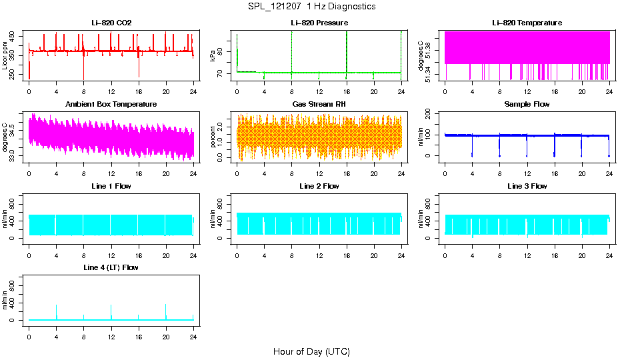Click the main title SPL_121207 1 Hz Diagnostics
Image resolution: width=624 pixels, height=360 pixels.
[311, 7]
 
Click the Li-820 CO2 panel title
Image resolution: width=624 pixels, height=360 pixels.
[111, 23]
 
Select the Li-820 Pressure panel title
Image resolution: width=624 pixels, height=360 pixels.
[319, 23]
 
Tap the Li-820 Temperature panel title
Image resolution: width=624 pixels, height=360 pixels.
[527, 23]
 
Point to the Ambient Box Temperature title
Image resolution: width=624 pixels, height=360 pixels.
[111, 105]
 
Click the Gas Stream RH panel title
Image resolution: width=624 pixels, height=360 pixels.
[319, 105]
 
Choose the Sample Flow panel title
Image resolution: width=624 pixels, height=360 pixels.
[527, 105]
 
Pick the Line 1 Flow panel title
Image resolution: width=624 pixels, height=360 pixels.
[111, 186]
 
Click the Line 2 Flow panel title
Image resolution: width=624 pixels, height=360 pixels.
[319, 186]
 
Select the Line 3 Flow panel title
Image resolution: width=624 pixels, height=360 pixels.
[527, 186]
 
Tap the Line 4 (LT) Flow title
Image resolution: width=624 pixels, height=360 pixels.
[111, 267]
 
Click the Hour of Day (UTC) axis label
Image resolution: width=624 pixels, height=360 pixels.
[311, 351]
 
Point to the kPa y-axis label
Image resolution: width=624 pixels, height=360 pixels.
[213, 55]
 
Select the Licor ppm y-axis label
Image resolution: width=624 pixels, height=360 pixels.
[5, 55]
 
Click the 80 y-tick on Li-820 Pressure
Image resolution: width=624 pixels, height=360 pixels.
[222, 49]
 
